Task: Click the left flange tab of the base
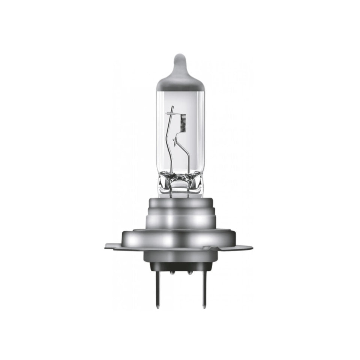(x=114, y=247)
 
